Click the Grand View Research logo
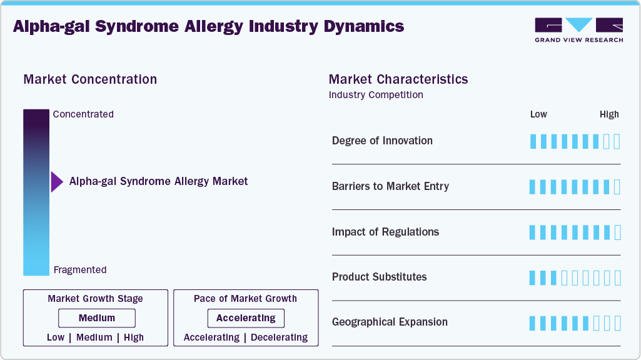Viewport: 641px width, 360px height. [578, 29]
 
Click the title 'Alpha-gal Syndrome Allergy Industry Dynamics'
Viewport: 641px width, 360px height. [208, 26]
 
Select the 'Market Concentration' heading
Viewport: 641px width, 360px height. [90, 79]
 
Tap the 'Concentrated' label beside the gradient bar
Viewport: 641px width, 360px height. [83, 114]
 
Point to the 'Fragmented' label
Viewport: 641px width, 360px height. [80, 270]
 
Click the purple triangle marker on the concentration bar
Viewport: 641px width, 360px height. [57, 182]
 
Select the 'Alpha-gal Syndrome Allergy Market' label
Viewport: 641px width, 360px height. [158, 181]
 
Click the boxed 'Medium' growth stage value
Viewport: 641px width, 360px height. [97, 318]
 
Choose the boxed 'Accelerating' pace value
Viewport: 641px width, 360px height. [246, 318]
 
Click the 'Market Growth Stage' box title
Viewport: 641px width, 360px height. [95, 299]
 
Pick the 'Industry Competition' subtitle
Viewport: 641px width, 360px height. [376, 95]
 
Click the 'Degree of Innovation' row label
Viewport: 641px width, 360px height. [382, 141]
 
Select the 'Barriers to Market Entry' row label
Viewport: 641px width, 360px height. [390, 186]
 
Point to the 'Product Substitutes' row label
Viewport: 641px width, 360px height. [379, 277]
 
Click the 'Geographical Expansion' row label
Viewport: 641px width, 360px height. [390, 322]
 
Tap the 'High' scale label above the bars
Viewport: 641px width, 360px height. [608, 114]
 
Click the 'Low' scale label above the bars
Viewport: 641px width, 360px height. [538, 114]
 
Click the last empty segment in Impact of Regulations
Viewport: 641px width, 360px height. [617, 232]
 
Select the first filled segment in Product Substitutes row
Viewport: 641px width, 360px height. [533, 277]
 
